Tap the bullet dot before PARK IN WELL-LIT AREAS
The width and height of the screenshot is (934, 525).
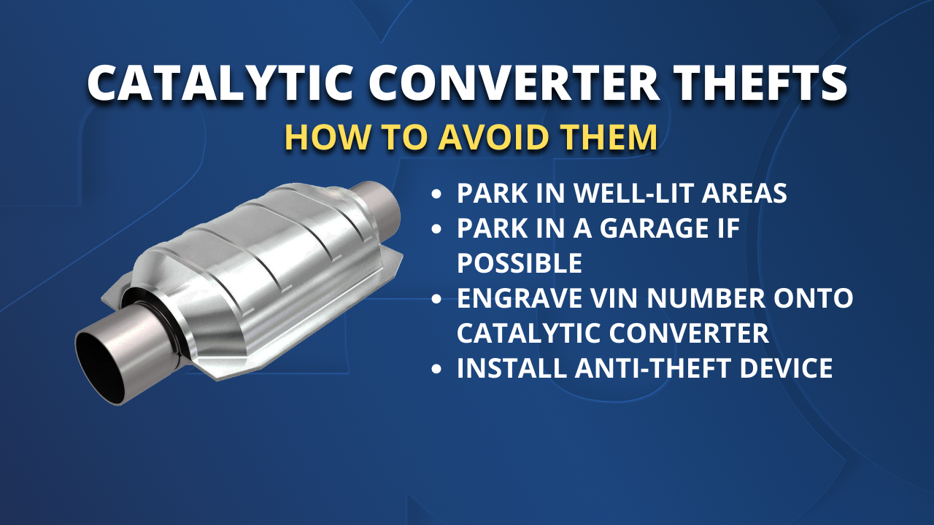click(437, 195)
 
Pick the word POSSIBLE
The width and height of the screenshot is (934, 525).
click(520, 262)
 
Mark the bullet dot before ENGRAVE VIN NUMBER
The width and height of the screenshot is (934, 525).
click(437, 299)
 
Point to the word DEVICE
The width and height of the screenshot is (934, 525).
click(786, 367)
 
